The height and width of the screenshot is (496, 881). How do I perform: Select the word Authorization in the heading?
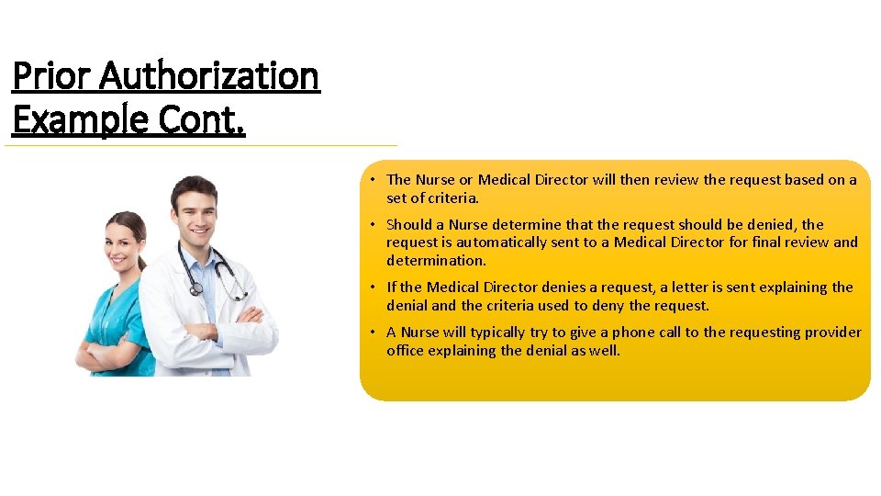(x=209, y=75)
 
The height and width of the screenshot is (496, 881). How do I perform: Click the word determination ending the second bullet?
(x=436, y=260)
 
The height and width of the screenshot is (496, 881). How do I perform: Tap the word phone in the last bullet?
(x=633, y=333)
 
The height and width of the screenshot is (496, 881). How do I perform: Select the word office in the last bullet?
(x=407, y=350)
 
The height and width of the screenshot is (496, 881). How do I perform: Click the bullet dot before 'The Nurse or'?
(x=374, y=180)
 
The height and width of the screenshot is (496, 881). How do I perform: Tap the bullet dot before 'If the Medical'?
(x=374, y=287)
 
